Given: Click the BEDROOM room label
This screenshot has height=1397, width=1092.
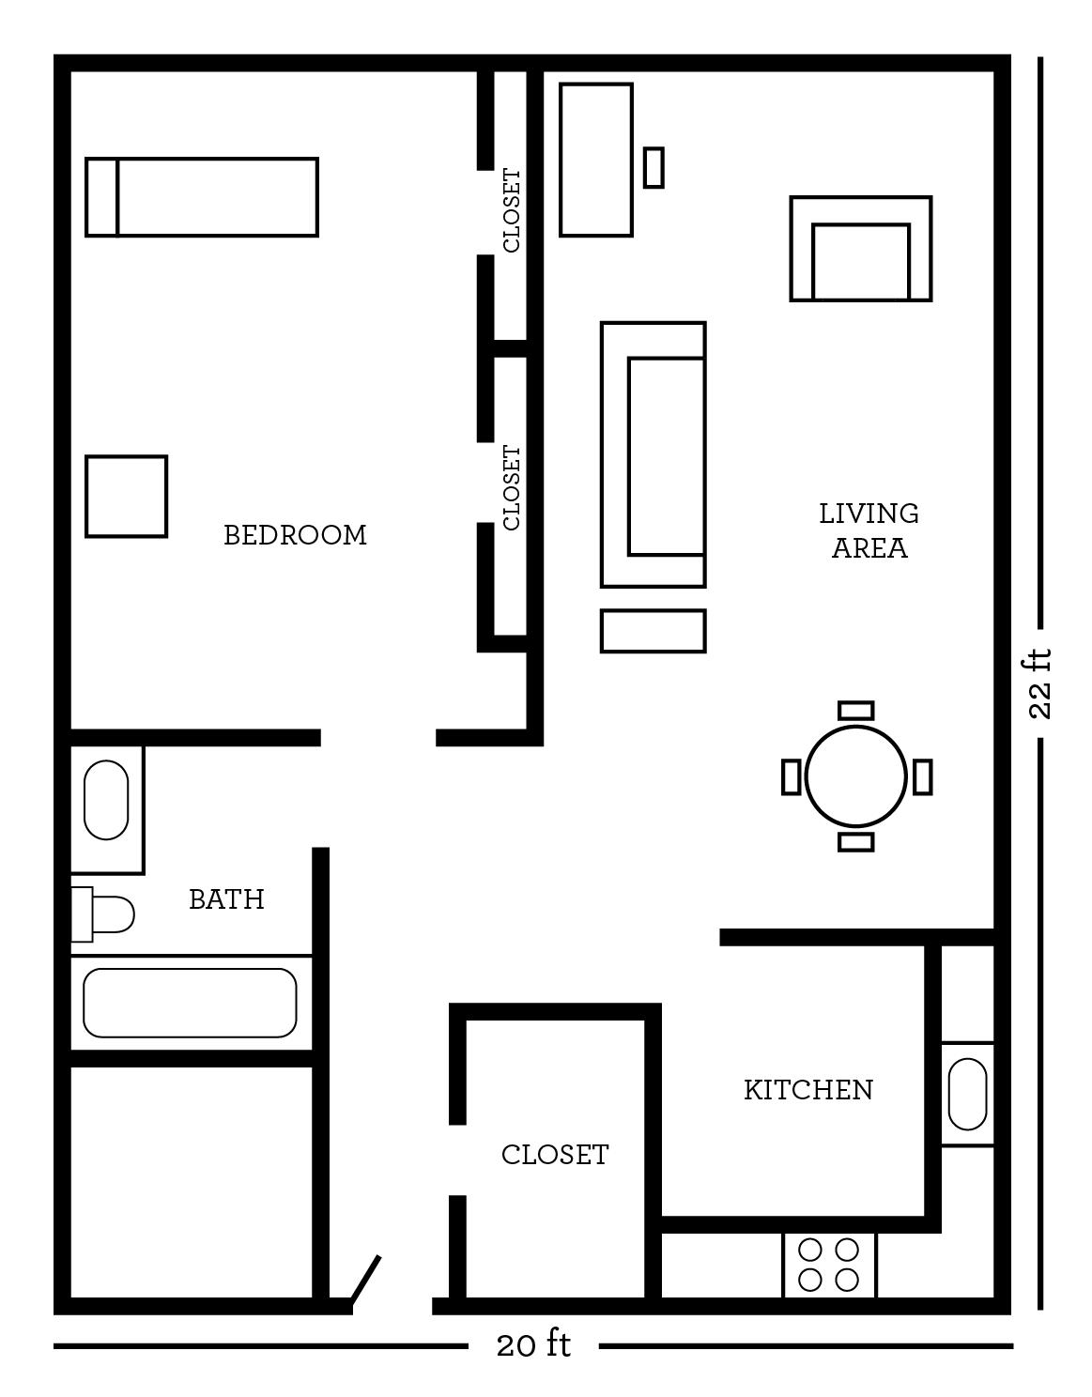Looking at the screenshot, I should coord(295,534).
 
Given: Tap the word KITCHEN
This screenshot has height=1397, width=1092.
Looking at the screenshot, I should coord(808,1089).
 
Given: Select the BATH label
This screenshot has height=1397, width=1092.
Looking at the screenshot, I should coord(226,899).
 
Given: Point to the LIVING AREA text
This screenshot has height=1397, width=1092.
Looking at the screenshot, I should coord(869,530).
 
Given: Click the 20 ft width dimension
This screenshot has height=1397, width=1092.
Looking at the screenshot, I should coord(533,1345).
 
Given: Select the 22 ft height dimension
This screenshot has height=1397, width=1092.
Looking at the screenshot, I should coord(1039,684).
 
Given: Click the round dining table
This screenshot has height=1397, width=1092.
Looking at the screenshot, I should coord(855,776).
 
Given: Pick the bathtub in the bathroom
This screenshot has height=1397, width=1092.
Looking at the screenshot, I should coord(190,1003).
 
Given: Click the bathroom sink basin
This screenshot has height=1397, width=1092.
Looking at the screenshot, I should coord(106,800).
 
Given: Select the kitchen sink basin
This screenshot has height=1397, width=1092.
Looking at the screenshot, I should coord(967,1094).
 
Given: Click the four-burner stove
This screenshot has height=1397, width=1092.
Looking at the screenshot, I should coord(829,1265).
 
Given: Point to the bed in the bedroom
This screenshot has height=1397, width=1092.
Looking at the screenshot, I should coord(202,197).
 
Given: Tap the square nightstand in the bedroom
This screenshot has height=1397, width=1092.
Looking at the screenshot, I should coord(127,497).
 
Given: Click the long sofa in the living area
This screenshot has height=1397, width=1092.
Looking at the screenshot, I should coord(654,455).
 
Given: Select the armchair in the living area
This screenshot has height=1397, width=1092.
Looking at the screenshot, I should coord(861,249).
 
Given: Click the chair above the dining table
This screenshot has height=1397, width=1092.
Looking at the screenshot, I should coord(855,711).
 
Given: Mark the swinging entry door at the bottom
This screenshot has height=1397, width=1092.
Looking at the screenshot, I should coord(366,1279).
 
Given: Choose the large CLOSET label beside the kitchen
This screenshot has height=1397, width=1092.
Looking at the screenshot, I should coord(554,1154).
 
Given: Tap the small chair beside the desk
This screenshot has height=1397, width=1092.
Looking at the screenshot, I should coord(654,167).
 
